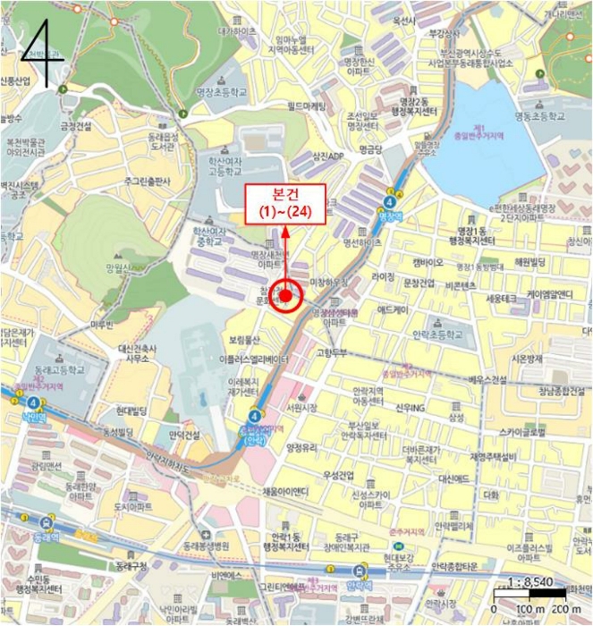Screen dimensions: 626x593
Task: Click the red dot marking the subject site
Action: pos(286,293)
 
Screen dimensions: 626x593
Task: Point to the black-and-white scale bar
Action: pos(529,593)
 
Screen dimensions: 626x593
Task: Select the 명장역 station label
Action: pos(392,216)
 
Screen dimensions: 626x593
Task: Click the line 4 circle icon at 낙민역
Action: pos(33,403)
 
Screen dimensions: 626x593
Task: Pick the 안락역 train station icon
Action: pos(360,571)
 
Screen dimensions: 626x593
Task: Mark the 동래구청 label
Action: pos(132,566)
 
